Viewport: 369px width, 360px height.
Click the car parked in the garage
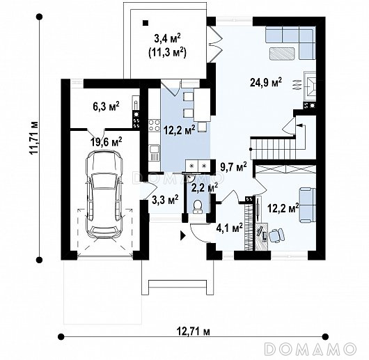point(104,194)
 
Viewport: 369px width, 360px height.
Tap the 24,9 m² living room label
point(266,82)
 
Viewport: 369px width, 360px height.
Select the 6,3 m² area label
point(106,107)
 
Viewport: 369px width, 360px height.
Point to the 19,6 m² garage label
point(107,141)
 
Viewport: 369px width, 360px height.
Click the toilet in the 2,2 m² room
point(197,207)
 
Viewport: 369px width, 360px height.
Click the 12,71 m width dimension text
point(194,331)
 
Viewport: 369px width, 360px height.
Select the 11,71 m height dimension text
point(33,138)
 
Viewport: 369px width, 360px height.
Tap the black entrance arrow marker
point(183,235)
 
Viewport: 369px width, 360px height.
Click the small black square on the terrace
point(146,23)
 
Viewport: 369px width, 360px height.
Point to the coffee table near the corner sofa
point(282,53)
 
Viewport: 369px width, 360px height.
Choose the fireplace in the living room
point(310,86)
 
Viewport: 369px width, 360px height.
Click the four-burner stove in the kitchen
point(154,125)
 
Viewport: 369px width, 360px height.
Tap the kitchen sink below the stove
point(154,152)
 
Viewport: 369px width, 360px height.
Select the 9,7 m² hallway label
point(233,167)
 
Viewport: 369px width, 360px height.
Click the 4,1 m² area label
point(230,228)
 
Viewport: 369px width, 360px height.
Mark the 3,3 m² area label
point(165,200)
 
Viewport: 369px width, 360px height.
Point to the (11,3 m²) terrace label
point(167,52)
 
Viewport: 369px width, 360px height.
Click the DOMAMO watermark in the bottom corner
point(310,349)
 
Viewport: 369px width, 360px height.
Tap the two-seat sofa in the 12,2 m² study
point(307,205)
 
